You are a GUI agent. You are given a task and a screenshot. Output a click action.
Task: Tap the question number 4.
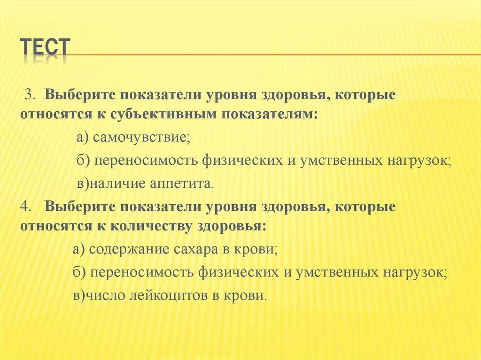(25, 207)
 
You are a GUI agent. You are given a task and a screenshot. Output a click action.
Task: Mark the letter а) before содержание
(78, 249)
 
